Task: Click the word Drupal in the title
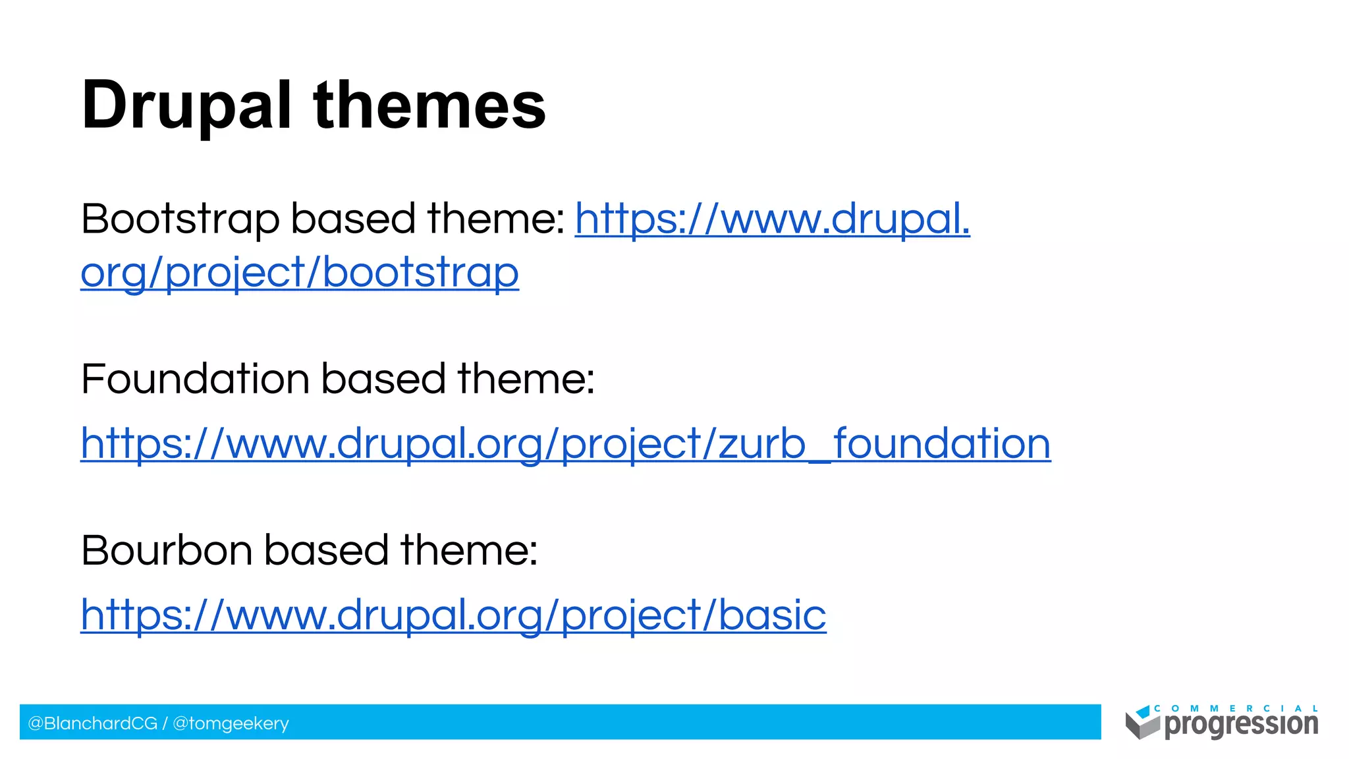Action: tap(186, 105)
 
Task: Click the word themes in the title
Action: tap(430, 105)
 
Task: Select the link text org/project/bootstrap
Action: tap(300, 273)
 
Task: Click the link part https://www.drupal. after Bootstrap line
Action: tap(772, 219)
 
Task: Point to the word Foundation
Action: tap(195, 379)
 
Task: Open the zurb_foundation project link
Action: tap(565, 443)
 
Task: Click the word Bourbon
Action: tap(167, 550)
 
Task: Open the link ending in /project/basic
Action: tap(453, 615)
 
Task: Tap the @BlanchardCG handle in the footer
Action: tap(92, 723)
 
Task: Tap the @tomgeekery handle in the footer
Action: tap(231, 723)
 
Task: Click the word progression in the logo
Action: tap(1241, 725)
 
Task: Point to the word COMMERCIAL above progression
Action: tap(1236, 709)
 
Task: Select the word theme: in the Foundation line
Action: tap(526, 379)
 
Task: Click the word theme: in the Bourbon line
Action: tap(469, 550)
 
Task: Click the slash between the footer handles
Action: tap(165, 723)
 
